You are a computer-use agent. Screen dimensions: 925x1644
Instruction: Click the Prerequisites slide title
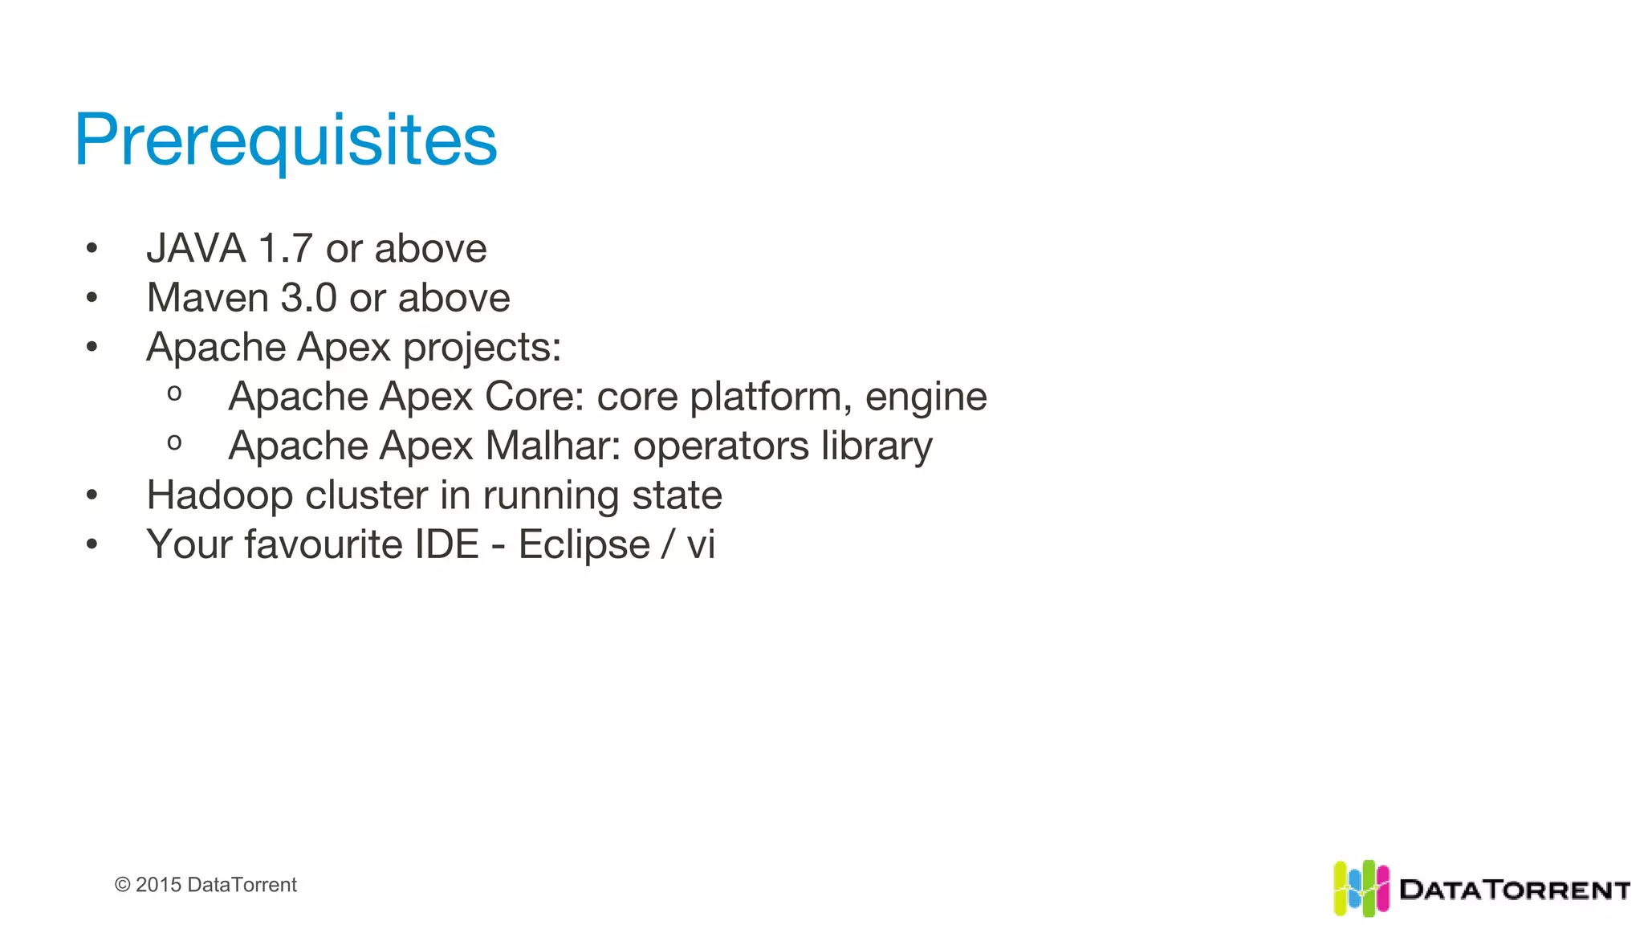(x=286, y=140)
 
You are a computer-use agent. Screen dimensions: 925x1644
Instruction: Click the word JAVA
(x=196, y=248)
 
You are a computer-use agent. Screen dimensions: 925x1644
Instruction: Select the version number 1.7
(x=285, y=248)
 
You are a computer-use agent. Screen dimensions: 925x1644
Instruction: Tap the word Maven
(x=207, y=298)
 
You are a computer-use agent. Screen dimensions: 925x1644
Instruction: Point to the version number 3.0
(x=308, y=298)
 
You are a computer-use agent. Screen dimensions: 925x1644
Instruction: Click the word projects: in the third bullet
(x=482, y=348)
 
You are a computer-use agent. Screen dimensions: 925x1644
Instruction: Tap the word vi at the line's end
(x=701, y=544)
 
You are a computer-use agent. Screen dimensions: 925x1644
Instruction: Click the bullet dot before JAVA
(x=92, y=249)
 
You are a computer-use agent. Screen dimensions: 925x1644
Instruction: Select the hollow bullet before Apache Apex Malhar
(x=174, y=442)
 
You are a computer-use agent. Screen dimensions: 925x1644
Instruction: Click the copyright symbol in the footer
(x=123, y=885)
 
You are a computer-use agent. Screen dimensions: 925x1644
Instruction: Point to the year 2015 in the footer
(x=158, y=885)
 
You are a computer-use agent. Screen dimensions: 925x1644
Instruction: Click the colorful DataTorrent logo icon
(x=1361, y=888)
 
